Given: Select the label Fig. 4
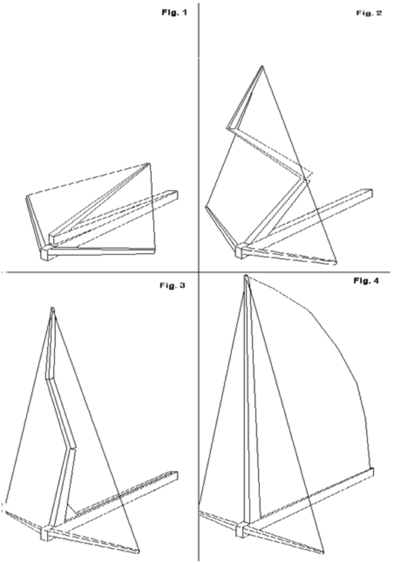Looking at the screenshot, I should (x=366, y=281).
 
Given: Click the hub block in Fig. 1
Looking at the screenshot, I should (x=45, y=252).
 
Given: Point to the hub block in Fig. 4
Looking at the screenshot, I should (x=241, y=529).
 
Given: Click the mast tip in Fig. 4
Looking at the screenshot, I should (x=246, y=277).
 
